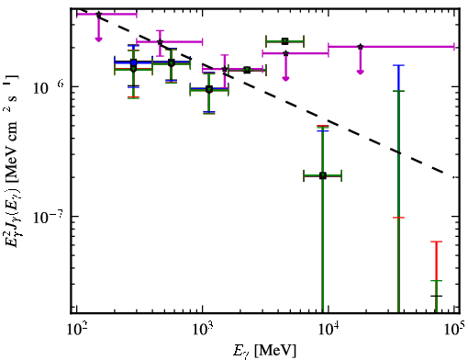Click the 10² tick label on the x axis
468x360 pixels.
pyautogui.click(x=76, y=330)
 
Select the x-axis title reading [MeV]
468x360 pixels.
pyautogui.click(x=275, y=350)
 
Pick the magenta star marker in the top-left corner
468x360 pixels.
pyautogui.click(x=98, y=15)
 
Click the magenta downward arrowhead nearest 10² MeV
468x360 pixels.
pyautogui.click(x=98, y=39)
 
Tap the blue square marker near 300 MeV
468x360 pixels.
pyautogui.click(x=133, y=62)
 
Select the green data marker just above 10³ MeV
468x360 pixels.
pyautogui.click(x=209, y=89)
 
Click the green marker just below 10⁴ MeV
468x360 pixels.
pyautogui.click(x=323, y=175)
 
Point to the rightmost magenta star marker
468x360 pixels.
pyautogui.click(x=361, y=47)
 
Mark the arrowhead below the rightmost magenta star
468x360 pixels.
pyautogui.click(x=361, y=72)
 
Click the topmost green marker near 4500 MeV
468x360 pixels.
pyautogui.click(x=285, y=41)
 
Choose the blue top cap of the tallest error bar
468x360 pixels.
pyautogui.click(x=398, y=65)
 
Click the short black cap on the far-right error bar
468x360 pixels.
pyautogui.click(x=436, y=296)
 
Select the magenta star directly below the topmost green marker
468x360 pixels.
pyautogui.click(x=285, y=53)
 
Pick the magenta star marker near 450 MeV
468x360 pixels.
pyautogui.click(x=160, y=42)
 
